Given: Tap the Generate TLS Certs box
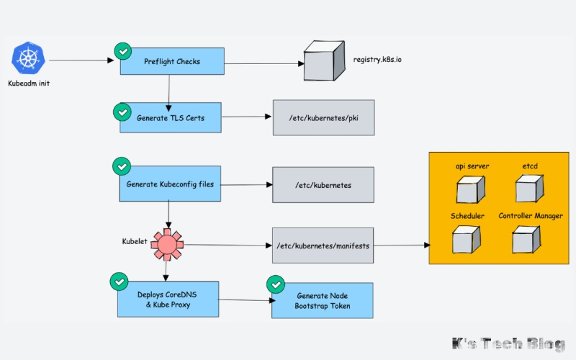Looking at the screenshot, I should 170,117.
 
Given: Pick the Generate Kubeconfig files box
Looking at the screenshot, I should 170,184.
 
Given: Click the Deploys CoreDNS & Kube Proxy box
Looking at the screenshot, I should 168,300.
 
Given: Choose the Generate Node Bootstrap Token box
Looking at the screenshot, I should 322,301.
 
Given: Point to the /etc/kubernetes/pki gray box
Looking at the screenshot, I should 323,118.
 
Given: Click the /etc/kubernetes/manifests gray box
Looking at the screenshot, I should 323,246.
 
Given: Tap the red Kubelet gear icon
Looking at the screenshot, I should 167,244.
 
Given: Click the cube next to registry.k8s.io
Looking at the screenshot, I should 321,60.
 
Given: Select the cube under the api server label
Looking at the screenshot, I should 472,189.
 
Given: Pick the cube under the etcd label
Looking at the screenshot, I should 530,189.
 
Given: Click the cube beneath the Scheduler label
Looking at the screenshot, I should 467,240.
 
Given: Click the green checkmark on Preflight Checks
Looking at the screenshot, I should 122,51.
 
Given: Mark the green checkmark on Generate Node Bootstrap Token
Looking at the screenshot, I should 274,284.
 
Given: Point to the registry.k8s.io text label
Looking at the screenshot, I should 377,56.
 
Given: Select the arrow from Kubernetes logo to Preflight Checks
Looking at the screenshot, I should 84,61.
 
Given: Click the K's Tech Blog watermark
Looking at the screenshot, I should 508,345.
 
